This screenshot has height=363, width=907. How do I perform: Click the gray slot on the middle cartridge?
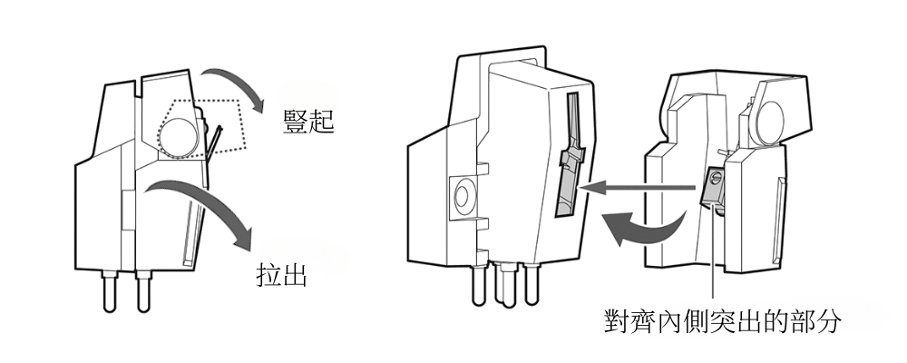click(567, 159)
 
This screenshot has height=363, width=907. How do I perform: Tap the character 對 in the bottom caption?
click(619, 319)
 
